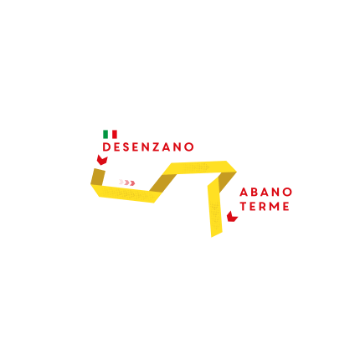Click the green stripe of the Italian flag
pos(105,134)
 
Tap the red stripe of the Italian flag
pos(115,134)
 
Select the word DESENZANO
pos(148,147)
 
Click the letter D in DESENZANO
pos(106,147)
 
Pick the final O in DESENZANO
pos(189,147)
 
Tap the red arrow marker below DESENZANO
pos(102,160)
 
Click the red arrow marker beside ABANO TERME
pos(232,217)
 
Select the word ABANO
pos(265,192)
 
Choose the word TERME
pos(265,206)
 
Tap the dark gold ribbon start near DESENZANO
pos(98,177)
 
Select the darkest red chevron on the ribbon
pos(132,183)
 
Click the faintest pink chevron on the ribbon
pos(121,182)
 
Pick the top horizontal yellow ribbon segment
pos(199,167)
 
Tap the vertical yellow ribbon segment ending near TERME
pos(215,208)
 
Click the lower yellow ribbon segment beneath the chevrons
pos(126,193)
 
